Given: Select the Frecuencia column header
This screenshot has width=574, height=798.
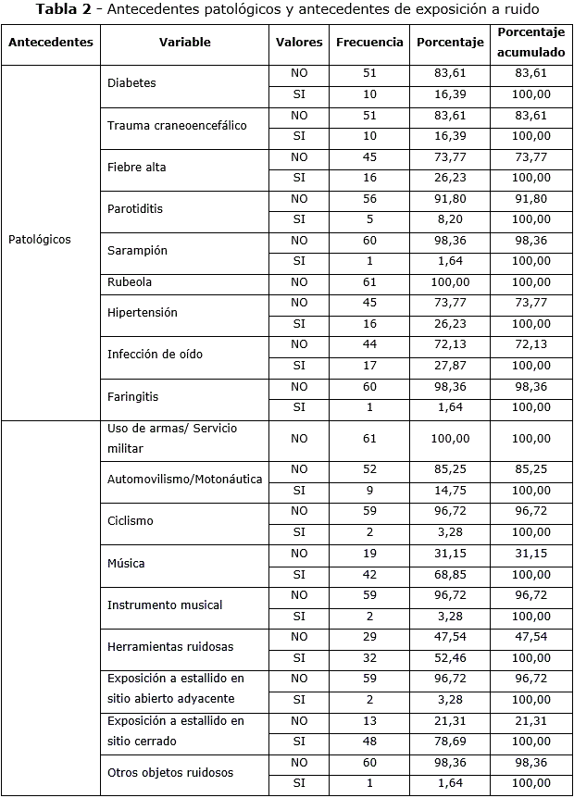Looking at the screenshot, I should coord(369,43).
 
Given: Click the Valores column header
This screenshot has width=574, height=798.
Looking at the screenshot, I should coord(299,43).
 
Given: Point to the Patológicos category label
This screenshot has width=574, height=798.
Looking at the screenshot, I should coord(40,240).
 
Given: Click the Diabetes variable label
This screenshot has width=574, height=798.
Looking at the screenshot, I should coord(131,83).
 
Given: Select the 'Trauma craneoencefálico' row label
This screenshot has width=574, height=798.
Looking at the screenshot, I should coord(177,125).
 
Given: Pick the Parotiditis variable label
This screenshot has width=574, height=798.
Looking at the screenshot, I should coord(135,209).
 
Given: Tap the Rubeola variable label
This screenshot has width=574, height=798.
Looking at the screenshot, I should coord(130,282).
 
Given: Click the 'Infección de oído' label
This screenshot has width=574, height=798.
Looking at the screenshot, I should coord(155,355).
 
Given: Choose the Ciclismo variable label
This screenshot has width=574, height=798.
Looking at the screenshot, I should coord(131,521).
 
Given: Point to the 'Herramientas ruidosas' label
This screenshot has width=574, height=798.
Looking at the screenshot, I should coord(170,647).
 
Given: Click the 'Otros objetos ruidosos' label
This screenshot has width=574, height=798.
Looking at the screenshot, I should coord(170,772).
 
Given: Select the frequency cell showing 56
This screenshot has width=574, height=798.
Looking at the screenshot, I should coord(369,198).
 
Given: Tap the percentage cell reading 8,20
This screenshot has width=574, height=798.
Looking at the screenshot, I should coord(450,219).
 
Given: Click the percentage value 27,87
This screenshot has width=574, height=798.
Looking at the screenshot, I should coord(450,366).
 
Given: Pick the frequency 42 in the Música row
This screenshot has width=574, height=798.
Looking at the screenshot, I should coord(369,575).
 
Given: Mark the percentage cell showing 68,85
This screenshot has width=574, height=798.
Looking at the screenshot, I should coord(450,575).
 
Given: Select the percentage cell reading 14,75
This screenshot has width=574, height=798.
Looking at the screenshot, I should coord(450,491).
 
